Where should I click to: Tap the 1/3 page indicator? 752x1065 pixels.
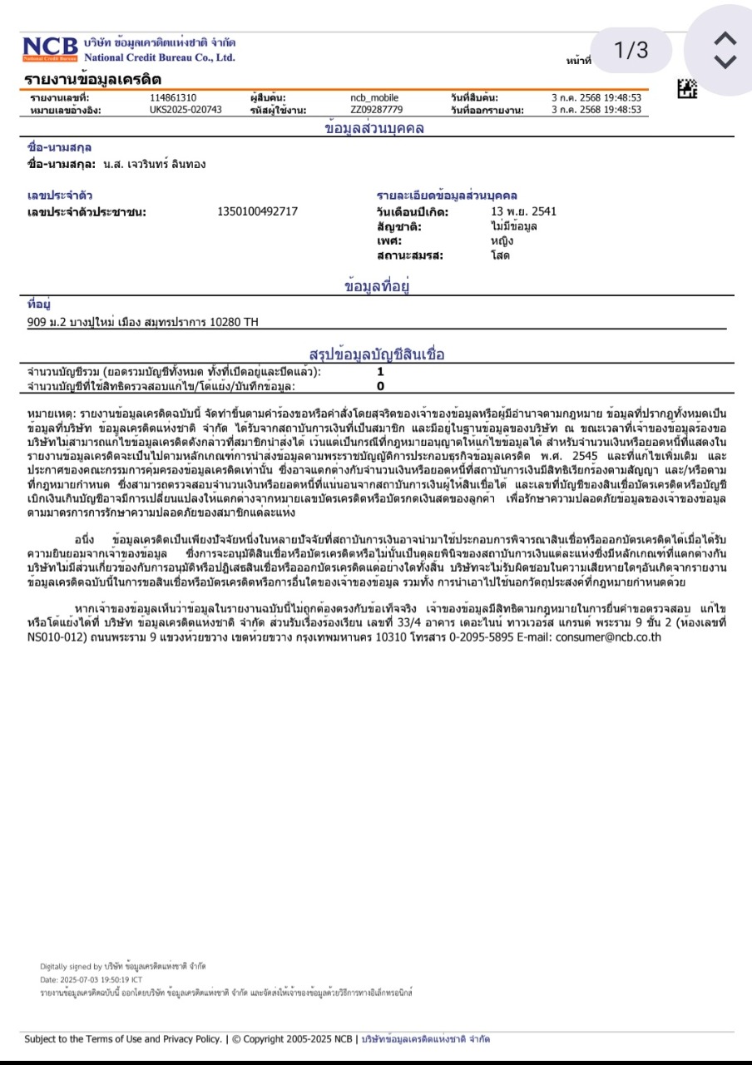point(631,51)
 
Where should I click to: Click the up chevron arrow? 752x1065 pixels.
point(725,38)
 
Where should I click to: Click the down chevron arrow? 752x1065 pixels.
point(725,62)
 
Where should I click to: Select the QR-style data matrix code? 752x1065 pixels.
point(688,87)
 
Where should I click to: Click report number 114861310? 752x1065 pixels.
point(173,98)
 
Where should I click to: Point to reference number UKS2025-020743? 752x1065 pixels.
point(186,109)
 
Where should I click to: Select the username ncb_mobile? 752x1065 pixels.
point(374,98)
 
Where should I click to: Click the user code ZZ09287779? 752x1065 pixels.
point(376,109)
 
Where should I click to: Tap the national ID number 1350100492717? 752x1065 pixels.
point(257,211)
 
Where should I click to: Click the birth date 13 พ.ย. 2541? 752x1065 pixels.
point(524,211)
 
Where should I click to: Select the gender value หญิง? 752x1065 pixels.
point(502,240)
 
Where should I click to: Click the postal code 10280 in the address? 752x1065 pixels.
point(224,322)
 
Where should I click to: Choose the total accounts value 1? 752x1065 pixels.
point(380,372)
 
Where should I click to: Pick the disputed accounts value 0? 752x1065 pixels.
point(380,386)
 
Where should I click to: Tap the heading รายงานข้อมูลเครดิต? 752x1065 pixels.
point(93,80)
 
